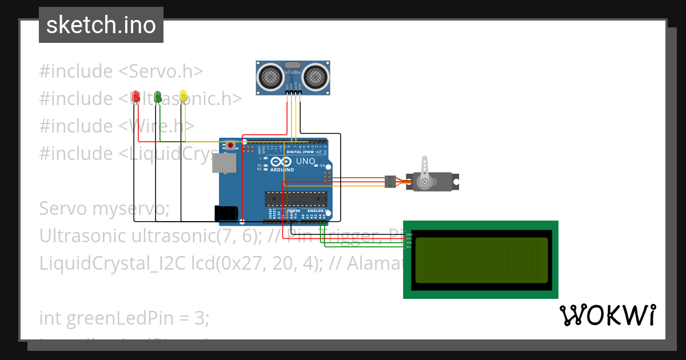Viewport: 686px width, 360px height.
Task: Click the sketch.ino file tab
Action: coord(101,25)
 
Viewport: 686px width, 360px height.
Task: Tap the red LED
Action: coord(135,97)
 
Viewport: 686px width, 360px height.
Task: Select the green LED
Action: coord(158,97)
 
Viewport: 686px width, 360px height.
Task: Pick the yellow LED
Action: coord(183,97)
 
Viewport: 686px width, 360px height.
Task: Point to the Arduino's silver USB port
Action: coord(224,163)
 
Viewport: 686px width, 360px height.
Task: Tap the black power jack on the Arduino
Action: coord(226,213)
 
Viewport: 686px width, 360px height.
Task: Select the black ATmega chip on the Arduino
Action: coord(296,198)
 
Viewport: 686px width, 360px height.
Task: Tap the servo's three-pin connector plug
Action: coord(390,182)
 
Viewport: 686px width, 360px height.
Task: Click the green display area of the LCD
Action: coord(481,260)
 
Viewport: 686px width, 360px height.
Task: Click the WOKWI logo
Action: coord(607,315)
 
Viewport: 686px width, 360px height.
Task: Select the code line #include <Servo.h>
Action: coord(121,71)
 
